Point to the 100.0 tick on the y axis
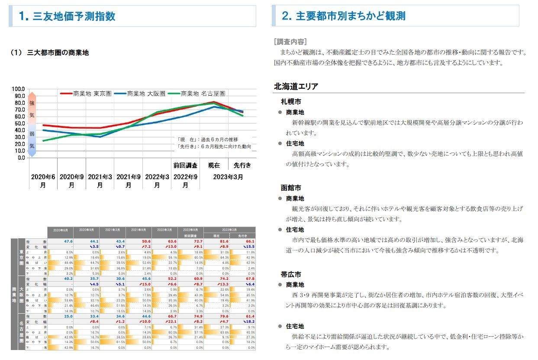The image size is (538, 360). pyautogui.click(x=19, y=89)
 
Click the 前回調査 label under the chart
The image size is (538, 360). pyautogui.click(x=185, y=165)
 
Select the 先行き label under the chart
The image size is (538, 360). pyautogui.click(x=242, y=165)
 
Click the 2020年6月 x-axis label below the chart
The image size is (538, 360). pyautogui.click(x=43, y=181)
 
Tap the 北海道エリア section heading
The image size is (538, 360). pyautogui.click(x=296, y=87)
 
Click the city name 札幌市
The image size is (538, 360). pyautogui.click(x=291, y=102)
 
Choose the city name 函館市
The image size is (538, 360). pyautogui.click(x=291, y=188)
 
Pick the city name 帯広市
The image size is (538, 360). pyautogui.click(x=291, y=275)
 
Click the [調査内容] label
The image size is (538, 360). pyautogui.click(x=290, y=42)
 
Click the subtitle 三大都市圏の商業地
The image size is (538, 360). pyautogui.click(x=58, y=53)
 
